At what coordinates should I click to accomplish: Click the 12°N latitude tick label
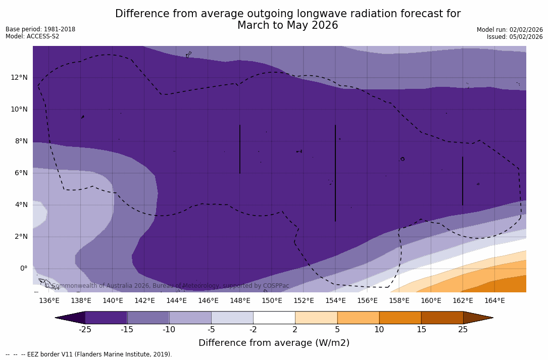(x=20, y=77)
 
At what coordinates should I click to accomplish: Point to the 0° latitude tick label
(x=23, y=268)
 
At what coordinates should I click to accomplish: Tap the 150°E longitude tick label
(x=272, y=301)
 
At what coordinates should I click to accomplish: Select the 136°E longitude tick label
(x=49, y=301)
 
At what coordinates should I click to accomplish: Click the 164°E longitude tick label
(x=494, y=301)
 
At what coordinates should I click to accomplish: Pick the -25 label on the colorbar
(x=85, y=330)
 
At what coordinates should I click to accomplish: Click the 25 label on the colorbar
(x=463, y=330)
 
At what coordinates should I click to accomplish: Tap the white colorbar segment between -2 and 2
(x=274, y=318)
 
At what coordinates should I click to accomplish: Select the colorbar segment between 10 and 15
(x=400, y=318)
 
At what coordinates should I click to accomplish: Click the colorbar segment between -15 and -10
(x=148, y=318)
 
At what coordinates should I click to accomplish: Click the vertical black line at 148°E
(x=240, y=149)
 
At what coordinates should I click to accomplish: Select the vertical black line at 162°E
(x=463, y=181)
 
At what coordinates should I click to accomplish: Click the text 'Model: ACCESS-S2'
(x=32, y=36)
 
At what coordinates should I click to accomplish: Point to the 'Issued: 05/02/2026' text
(x=515, y=37)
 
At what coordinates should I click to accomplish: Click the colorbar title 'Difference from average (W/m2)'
(x=274, y=343)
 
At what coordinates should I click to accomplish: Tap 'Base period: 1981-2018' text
(x=40, y=29)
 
